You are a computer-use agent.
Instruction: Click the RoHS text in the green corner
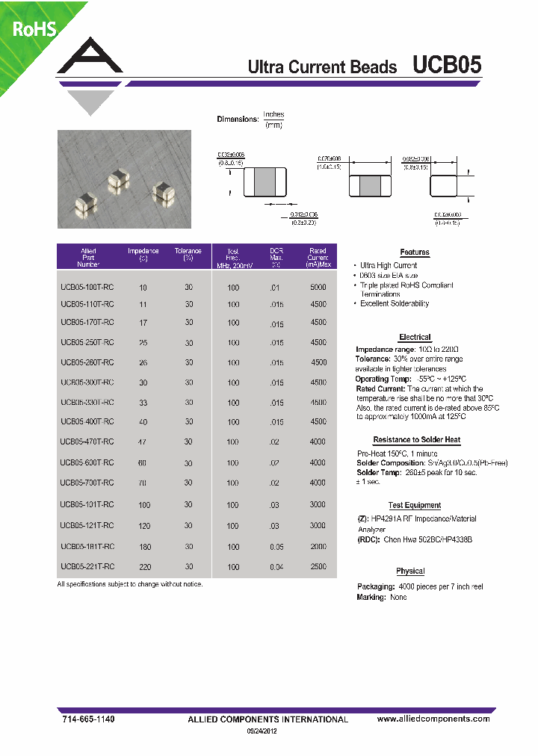[33, 29]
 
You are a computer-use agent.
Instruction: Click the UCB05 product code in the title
[447, 66]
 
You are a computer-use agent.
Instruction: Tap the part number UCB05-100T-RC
[87, 286]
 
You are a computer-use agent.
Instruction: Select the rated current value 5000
[318, 286]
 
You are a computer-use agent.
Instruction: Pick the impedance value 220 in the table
[144, 567]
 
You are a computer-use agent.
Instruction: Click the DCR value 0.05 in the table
[276, 547]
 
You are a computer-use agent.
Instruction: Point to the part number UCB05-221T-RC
[87, 566]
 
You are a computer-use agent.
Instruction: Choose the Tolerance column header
[188, 254]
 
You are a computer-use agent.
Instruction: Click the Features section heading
[415, 252]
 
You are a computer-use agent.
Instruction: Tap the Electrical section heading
[415, 337]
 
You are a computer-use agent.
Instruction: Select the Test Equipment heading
[415, 505]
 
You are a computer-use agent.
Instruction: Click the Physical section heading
[410, 571]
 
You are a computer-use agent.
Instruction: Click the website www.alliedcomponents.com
[433, 719]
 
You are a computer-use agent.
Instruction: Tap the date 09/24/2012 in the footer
[267, 732]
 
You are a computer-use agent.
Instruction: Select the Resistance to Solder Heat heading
[416, 440]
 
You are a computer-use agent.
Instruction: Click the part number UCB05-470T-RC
[87, 441]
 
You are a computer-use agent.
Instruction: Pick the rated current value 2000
[318, 546]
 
